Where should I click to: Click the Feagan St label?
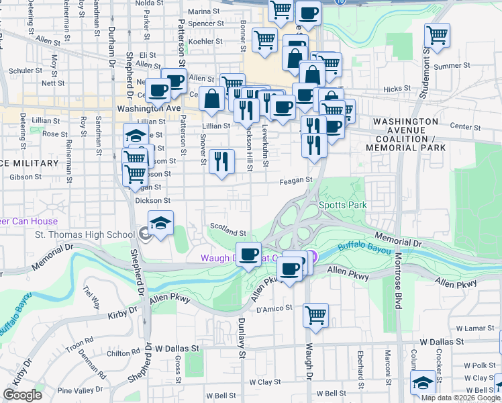click(297, 181)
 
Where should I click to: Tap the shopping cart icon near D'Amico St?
click(315, 314)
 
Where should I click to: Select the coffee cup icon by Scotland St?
click(249, 254)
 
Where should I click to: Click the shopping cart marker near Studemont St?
click(438, 35)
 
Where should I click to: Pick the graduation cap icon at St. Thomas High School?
click(160, 223)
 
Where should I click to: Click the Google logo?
click(23, 395)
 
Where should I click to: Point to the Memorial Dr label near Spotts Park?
click(397, 238)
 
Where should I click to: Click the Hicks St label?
click(397, 89)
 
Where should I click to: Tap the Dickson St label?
click(153, 200)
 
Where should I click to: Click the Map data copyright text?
click(460, 398)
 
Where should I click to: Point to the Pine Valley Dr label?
click(83, 390)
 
